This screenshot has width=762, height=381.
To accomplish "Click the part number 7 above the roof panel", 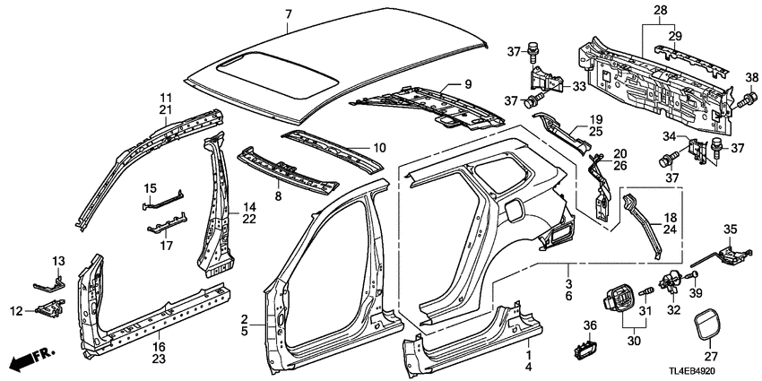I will [288, 14].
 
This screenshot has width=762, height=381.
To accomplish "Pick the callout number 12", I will [17, 310].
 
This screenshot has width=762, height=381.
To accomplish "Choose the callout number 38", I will [750, 76].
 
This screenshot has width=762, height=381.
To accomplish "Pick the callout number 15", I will [150, 187].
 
